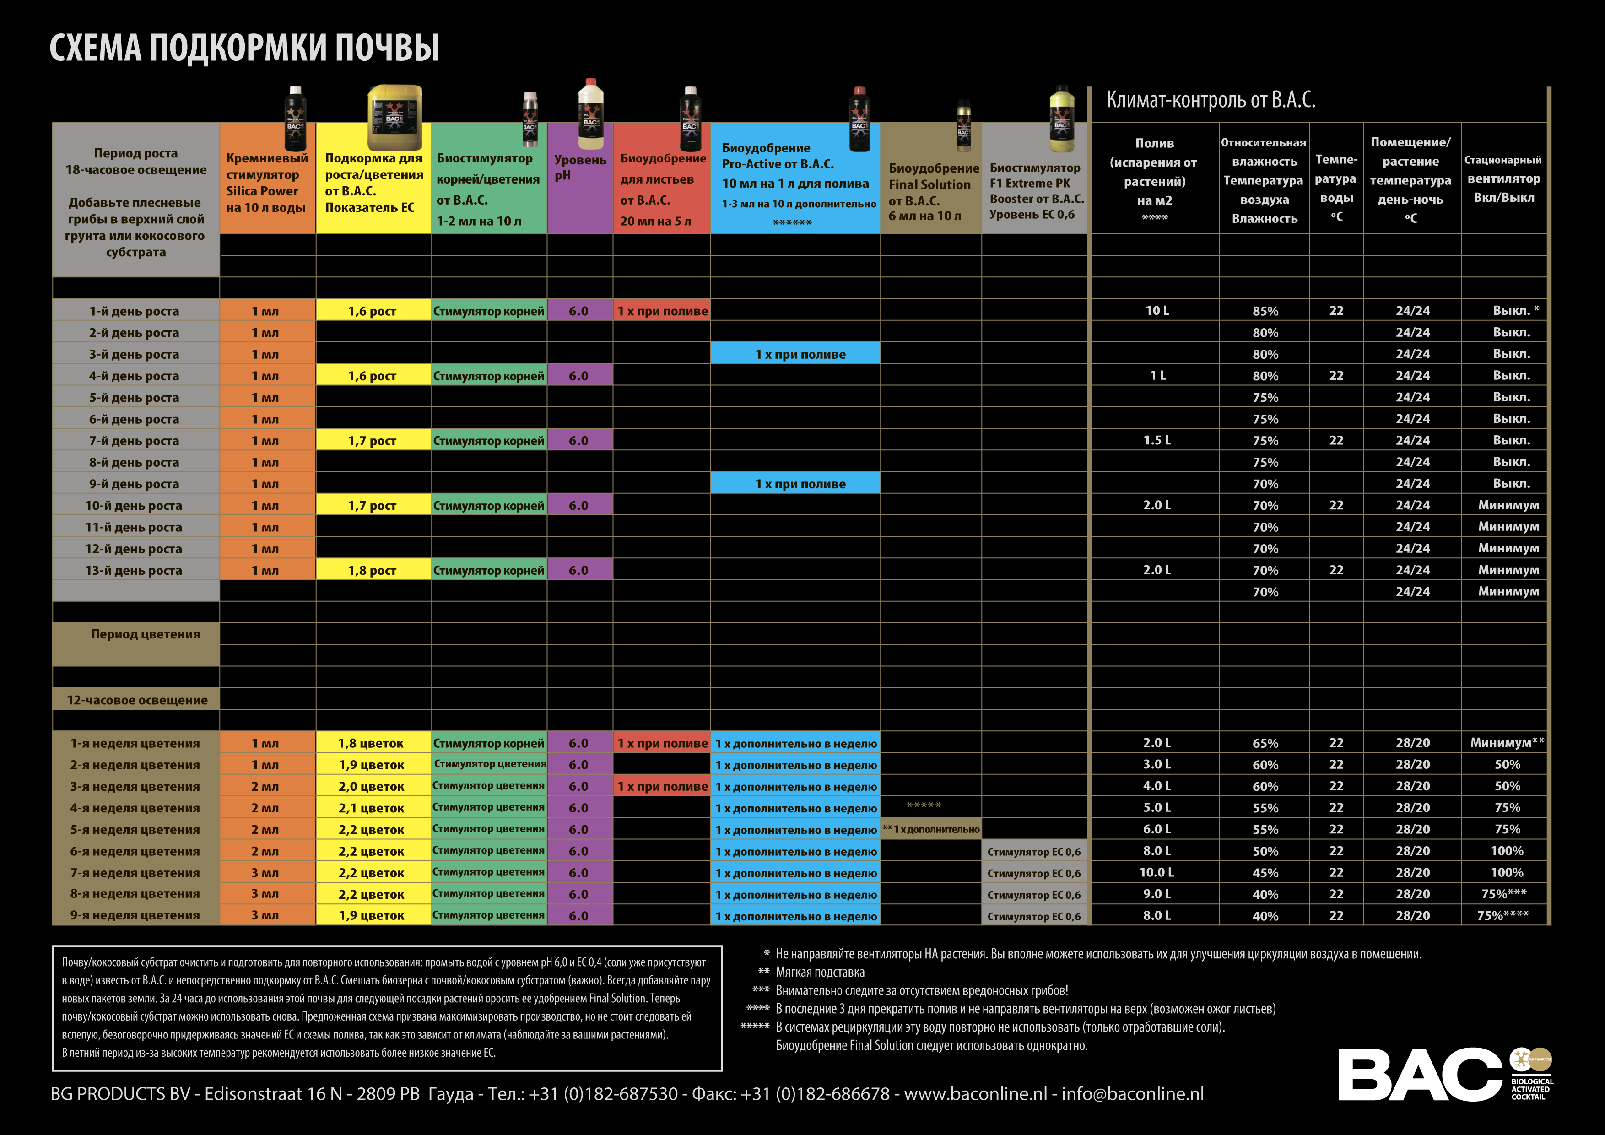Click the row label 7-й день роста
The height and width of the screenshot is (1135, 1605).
(134, 441)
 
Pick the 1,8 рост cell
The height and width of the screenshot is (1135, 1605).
(372, 570)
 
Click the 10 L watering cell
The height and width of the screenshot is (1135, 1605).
(1157, 310)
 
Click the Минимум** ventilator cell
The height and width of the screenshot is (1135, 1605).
(1507, 742)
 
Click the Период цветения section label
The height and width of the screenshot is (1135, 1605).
(146, 634)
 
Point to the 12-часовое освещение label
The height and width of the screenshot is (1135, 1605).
(137, 700)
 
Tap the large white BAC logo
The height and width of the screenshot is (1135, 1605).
(1419, 1074)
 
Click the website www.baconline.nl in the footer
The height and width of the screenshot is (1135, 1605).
(976, 1094)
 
